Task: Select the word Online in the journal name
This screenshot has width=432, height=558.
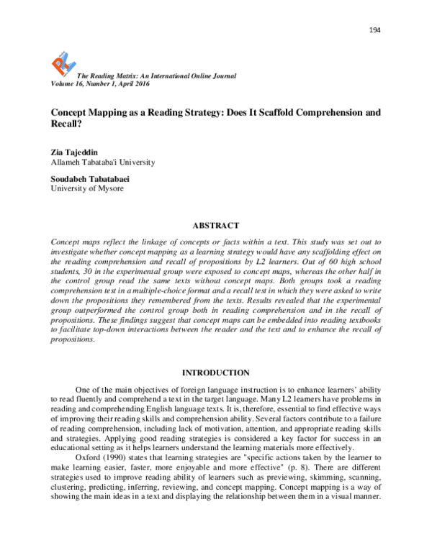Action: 188,76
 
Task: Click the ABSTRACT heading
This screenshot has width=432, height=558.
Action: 215,225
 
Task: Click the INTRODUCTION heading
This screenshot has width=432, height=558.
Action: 215,372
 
